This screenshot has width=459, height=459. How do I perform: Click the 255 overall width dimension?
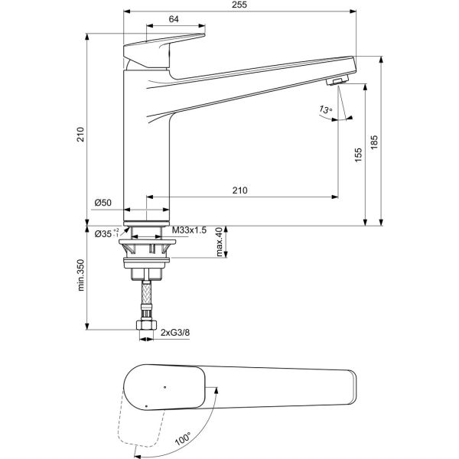pos(239,6)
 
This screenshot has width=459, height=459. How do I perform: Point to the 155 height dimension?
pos(357,155)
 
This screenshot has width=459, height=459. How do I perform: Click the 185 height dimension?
pos(374,143)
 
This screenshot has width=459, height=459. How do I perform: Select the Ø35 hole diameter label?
pos(104,233)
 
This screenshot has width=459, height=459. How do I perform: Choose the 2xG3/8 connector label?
pos(177,332)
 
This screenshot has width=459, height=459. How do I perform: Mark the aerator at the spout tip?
pos(337,82)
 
